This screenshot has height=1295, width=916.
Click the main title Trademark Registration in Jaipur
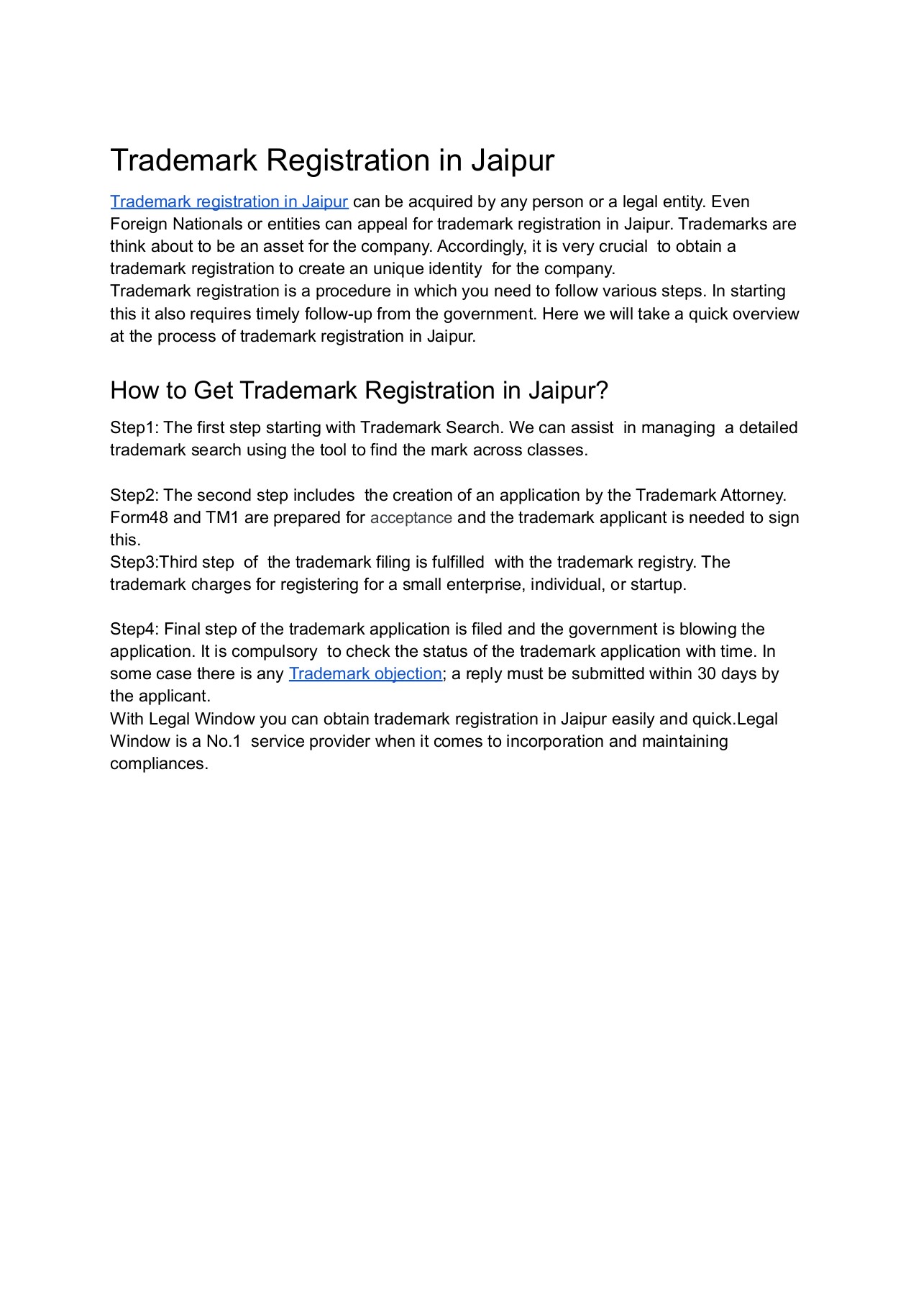[331, 160]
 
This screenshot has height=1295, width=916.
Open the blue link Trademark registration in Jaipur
[229, 201]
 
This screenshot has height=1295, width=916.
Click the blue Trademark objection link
[365, 673]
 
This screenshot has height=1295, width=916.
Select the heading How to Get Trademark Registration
[359, 390]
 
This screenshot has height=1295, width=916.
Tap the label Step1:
[134, 427]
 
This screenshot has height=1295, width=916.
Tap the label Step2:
[134, 495]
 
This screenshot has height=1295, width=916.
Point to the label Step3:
[134, 562]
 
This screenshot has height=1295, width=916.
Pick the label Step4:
[134, 629]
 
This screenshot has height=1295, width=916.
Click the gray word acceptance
[411, 517]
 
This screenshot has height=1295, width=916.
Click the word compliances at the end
[159, 763]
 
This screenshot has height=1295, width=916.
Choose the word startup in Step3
[656, 584]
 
